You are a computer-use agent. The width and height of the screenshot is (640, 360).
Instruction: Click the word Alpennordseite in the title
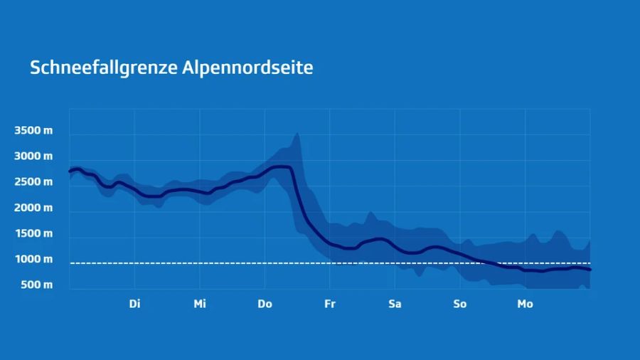click(247, 68)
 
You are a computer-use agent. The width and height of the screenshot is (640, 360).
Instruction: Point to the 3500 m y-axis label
click(33, 131)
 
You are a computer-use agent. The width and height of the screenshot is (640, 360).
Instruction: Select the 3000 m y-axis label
click(33, 157)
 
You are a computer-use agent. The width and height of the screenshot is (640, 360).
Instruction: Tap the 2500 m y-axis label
click(33, 182)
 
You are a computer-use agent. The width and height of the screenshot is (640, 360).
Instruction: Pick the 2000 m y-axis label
click(33, 208)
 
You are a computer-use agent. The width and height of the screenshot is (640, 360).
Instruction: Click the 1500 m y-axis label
click(33, 233)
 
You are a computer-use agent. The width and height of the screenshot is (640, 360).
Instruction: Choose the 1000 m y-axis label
click(33, 259)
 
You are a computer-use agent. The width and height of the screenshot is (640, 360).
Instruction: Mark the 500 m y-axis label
click(36, 285)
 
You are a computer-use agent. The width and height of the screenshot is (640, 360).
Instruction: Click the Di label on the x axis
click(134, 305)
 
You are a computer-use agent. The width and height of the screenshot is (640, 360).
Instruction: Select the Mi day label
click(200, 305)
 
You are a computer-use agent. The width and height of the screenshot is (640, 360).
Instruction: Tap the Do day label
click(265, 305)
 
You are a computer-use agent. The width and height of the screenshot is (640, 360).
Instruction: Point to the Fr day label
click(330, 305)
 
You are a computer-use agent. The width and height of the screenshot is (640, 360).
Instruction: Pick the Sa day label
click(395, 305)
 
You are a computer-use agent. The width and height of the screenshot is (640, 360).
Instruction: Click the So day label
click(460, 305)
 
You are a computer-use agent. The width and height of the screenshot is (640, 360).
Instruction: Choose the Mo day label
click(525, 305)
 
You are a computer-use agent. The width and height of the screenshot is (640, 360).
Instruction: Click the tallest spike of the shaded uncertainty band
click(297, 134)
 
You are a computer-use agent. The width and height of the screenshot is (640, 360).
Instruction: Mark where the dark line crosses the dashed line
click(489, 263)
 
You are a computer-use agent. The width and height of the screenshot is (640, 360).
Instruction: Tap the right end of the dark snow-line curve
click(590, 270)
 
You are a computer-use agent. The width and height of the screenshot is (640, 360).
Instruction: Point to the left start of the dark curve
click(70, 171)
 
